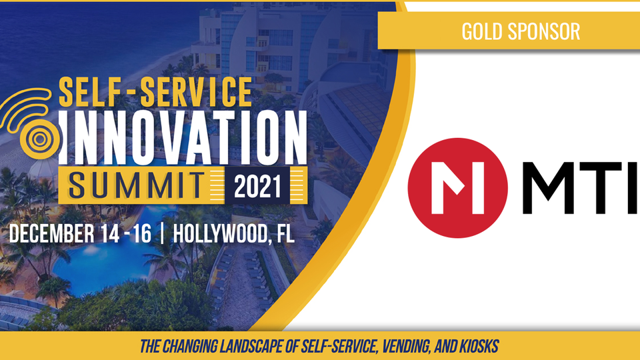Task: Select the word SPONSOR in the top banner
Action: (544, 31)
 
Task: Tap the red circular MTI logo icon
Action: (457, 188)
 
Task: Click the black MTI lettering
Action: (579, 188)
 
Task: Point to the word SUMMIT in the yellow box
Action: (136, 185)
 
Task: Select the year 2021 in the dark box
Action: (257, 186)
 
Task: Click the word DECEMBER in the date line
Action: (51, 233)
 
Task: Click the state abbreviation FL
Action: (285, 234)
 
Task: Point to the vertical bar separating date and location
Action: (162, 233)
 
